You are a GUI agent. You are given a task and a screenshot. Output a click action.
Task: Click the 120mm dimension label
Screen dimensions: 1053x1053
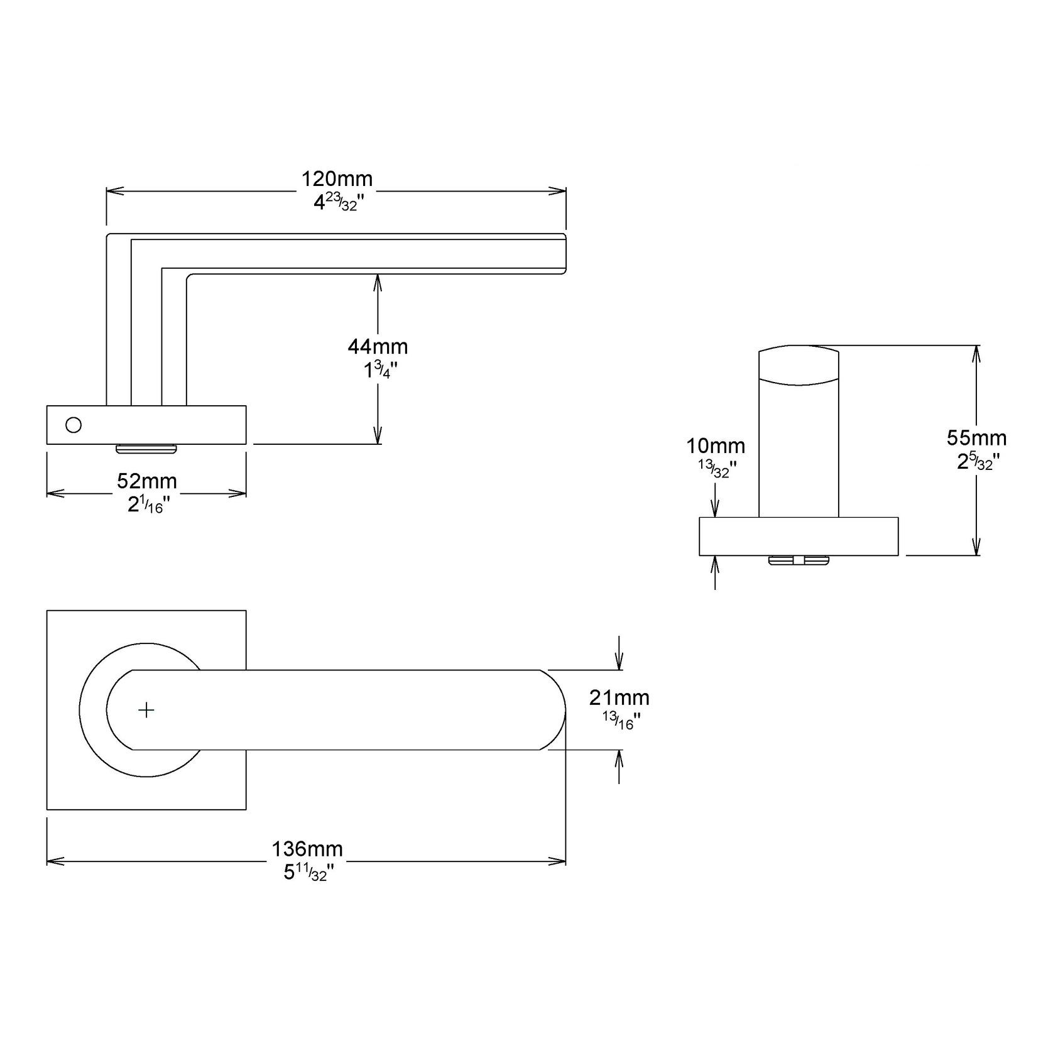tap(337, 179)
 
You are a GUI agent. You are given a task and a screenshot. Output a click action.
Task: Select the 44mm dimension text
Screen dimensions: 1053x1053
tap(378, 346)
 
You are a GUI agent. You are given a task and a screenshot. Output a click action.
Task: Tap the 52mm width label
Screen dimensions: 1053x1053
tap(147, 481)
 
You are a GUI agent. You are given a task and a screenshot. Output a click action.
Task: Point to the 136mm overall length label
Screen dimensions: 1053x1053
tap(307, 849)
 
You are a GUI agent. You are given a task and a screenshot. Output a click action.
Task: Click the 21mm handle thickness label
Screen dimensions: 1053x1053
tap(619, 697)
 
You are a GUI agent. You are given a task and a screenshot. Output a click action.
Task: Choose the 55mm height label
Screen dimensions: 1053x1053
tap(976, 437)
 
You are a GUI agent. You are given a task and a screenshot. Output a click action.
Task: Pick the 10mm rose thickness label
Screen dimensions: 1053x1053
tap(716, 446)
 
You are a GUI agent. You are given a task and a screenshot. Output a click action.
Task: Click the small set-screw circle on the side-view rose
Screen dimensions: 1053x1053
tap(74, 425)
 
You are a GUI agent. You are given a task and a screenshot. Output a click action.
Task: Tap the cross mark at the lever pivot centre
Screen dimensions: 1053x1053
tap(146, 710)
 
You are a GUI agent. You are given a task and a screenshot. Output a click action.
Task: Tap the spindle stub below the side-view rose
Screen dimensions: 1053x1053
tap(146, 449)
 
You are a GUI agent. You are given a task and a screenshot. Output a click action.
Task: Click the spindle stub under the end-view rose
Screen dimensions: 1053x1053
tap(799, 560)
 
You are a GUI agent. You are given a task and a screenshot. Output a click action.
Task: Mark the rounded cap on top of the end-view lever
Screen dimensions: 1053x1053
tap(799, 364)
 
